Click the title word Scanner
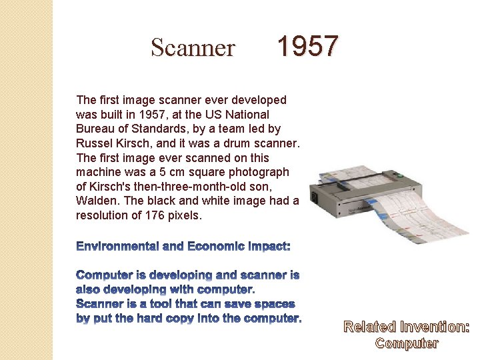point(193,48)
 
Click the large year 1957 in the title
point(307,47)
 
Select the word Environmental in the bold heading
point(117,247)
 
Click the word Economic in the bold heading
point(213,247)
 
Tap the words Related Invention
point(406,327)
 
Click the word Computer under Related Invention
point(407,343)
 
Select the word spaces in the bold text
point(275,304)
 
